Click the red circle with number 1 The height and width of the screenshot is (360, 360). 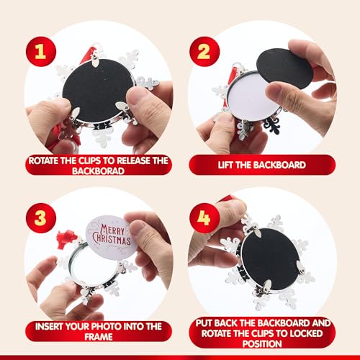pos(41,52)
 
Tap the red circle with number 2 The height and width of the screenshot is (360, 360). pos(204,52)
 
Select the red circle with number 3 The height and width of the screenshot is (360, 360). pos(41,218)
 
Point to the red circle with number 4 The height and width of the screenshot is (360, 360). pos(204,218)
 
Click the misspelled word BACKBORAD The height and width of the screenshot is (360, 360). pos(98,171)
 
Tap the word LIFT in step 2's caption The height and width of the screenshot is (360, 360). pos(226,165)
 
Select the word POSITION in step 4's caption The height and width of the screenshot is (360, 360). pos(262,344)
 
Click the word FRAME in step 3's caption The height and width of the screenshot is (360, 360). pos(99,337)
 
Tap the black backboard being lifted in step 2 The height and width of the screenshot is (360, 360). pos(285,68)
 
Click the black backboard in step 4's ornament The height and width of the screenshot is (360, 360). pos(271,258)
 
